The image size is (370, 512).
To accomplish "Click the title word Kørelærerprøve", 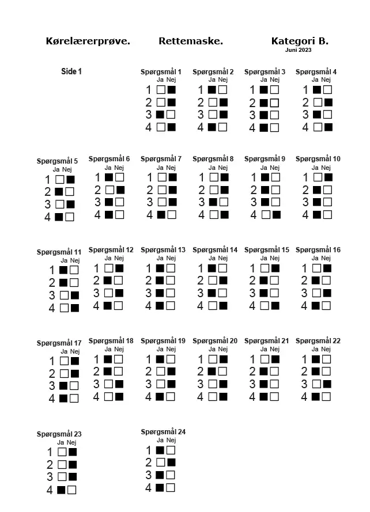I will point(88,41).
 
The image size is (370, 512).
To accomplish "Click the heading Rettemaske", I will point(190,41).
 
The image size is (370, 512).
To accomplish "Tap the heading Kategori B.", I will point(299,41).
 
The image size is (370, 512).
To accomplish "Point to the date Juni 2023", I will point(298,50).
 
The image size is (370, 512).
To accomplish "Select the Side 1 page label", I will point(71,71).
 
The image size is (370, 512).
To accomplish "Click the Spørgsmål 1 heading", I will point(161,72).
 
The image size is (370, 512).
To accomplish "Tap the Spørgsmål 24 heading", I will point(163,431).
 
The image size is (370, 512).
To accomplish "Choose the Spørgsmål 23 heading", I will point(59,434).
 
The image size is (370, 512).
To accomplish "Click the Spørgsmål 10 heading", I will point(318,159).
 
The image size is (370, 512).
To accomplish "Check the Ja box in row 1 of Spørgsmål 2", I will point(212,90).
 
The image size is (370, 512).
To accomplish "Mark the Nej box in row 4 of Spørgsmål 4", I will point(328,127).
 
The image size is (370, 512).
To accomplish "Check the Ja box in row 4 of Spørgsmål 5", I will point(59,217).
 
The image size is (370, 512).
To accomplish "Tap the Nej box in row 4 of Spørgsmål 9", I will point(276,215).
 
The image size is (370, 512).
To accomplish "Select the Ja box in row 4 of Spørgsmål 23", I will point(61,490).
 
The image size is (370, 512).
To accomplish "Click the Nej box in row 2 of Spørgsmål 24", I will point(171,462).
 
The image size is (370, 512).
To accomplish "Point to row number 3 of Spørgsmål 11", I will point(51,295).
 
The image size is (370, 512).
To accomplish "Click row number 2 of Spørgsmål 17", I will point(51,374).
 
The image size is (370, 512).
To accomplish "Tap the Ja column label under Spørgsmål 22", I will point(315,349).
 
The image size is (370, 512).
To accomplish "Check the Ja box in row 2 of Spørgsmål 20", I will point(212,371).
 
